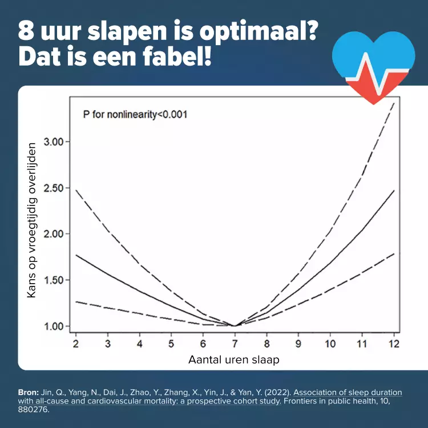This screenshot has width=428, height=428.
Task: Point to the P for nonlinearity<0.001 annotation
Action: pyautogui.click(x=135, y=114)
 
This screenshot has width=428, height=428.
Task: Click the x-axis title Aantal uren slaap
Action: pyautogui.click(x=234, y=360)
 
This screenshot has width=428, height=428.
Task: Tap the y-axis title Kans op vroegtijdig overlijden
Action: pyautogui.click(x=33, y=220)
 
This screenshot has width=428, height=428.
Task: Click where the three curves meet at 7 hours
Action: pyautogui.click(x=235, y=326)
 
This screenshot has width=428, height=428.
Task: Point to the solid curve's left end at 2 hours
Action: pyautogui.click(x=76, y=255)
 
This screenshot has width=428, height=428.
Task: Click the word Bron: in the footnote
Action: pyautogui.click(x=28, y=393)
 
